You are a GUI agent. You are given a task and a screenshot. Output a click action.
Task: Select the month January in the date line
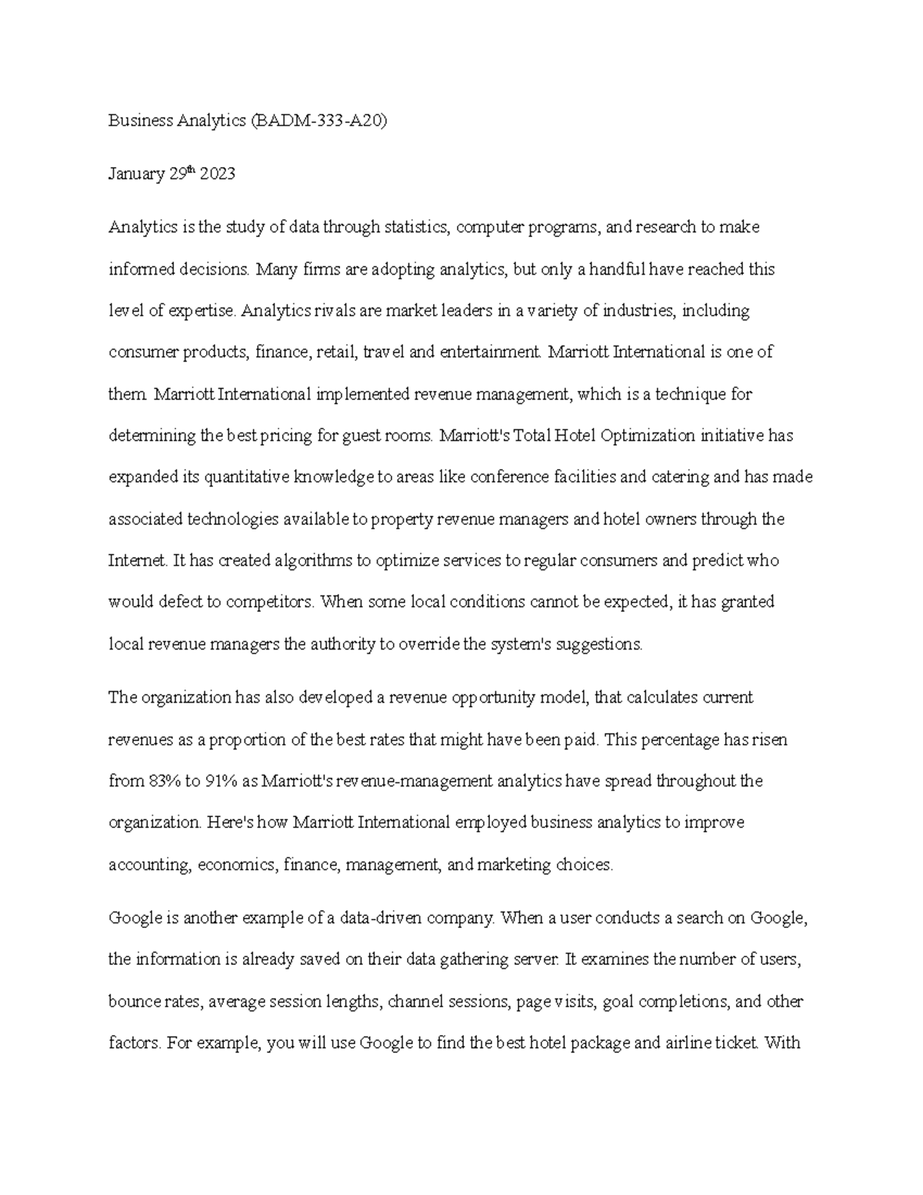pyautogui.click(x=135, y=175)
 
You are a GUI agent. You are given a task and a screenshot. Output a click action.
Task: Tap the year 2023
pyautogui.click(x=217, y=175)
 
